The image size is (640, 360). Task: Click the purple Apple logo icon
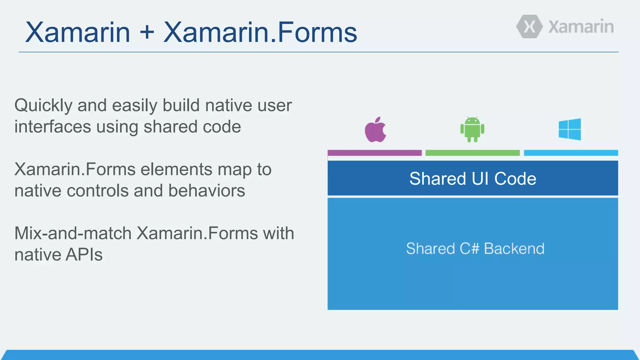point(375,130)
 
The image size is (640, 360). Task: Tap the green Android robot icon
point(472,129)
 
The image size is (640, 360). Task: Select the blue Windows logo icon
point(570,129)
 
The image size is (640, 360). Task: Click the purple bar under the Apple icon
point(374,153)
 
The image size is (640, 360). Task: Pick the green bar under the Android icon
point(472,153)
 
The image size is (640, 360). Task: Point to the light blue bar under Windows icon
point(571,153)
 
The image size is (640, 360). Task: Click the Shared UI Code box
point(472,178)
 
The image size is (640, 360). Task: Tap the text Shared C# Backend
point(475,249)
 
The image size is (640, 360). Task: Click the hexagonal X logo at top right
point(529,27)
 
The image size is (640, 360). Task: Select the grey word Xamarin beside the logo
point(581,27)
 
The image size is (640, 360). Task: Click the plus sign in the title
point(147,32)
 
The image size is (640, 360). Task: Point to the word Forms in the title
point(317,32)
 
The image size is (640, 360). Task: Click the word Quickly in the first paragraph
point(43,106)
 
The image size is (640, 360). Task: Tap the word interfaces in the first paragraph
point(52,127)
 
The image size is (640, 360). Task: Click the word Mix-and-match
point(73,233)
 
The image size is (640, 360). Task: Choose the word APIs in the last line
point(84,255)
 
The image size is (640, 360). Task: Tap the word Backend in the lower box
point(514,249)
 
